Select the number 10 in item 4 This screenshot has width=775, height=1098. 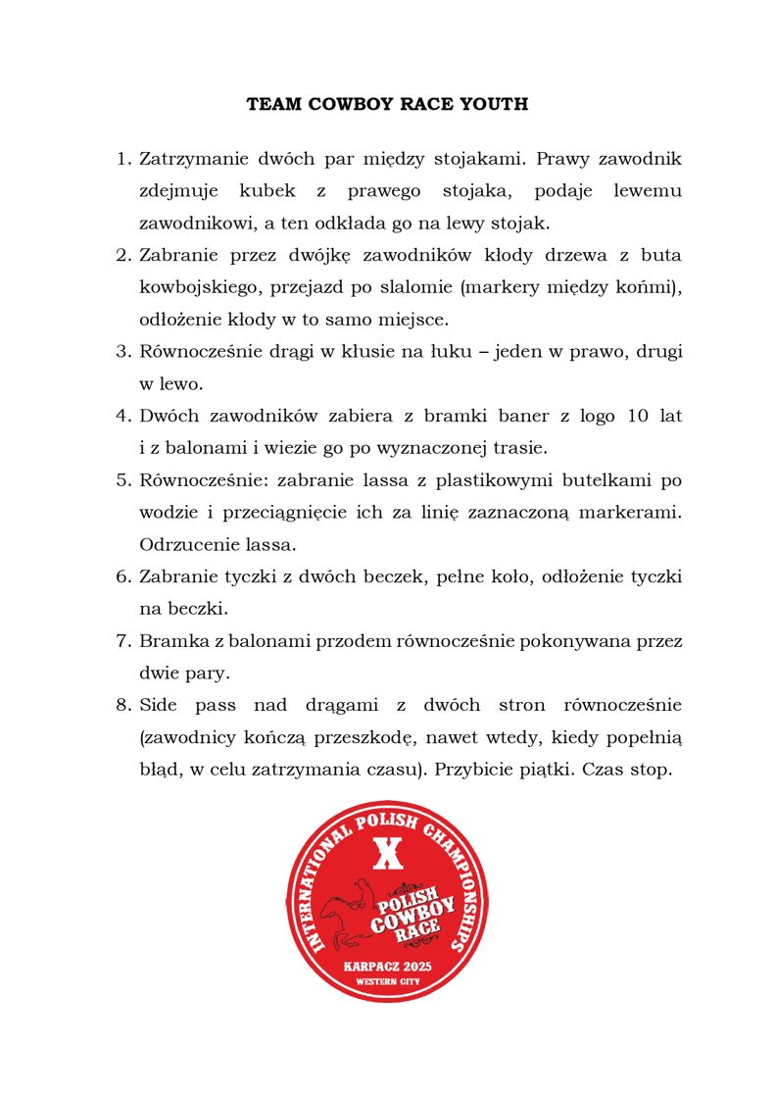coord(636,416)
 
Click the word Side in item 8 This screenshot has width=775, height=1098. coord(160,705)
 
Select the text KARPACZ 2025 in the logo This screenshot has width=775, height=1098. coord(387,966)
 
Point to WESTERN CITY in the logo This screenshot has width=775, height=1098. coord(387,981)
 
